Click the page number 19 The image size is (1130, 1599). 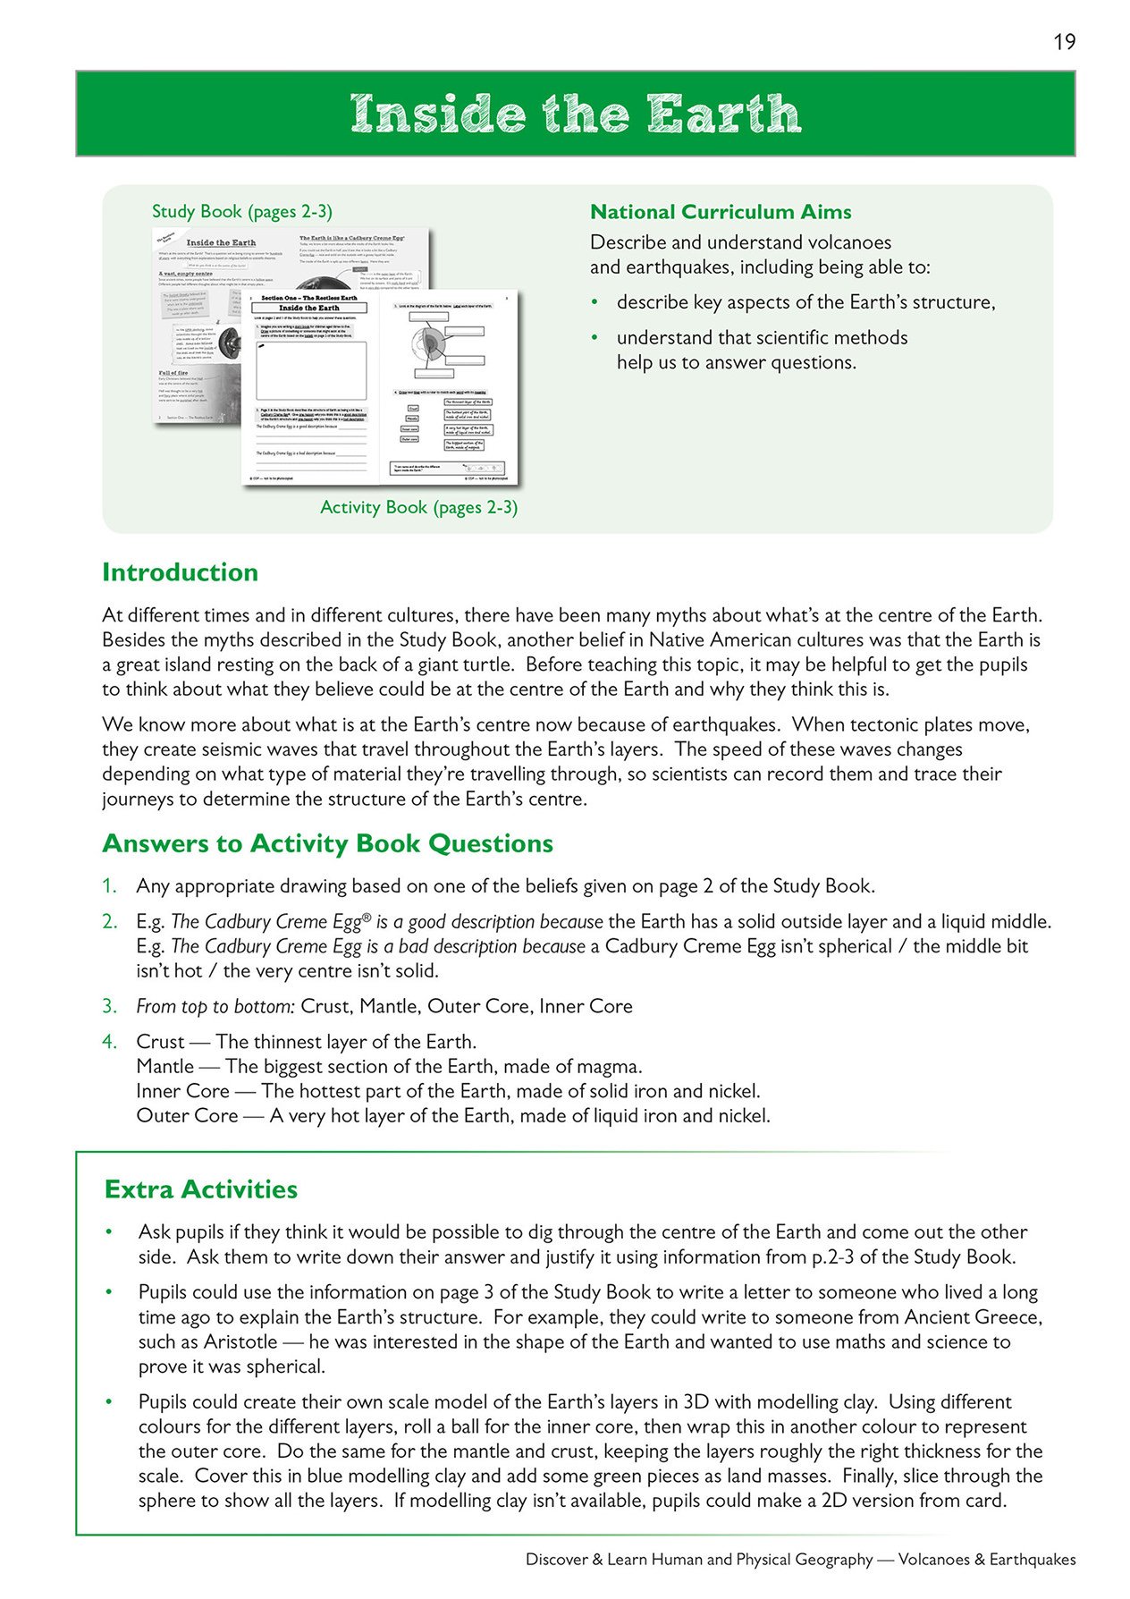pyautogui.click(x=1064, y=42)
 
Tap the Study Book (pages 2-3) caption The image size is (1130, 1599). pyautogui.click(x=241, y=212)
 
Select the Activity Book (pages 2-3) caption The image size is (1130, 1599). pyautogui.click(x=418, y=508)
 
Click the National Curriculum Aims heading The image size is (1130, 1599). pyautogui.click(x=720, y=212)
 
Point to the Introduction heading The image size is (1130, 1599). pyautogui.click(x=180, y=572)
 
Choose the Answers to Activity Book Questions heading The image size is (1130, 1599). pyautogui.click(x=327, y=843)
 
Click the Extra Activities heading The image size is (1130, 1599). pyautogui.click(x=201, y=1189)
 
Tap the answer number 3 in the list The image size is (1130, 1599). pyautogui.click(x=108, y=1007)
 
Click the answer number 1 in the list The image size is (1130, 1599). pyautogui.click(x=108, y=886)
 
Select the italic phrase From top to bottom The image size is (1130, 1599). pyautogui.click(x=215, y=1007)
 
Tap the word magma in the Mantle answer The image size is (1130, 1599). pyautogui.click(x=614, y=1067)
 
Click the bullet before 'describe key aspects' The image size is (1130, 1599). pyautogui.click(x=595, y=303)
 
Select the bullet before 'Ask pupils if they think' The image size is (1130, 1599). pyautogui.click(x=109, y=1232)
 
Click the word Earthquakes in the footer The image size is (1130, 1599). pyautogui.click(x=1033, y=1560)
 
